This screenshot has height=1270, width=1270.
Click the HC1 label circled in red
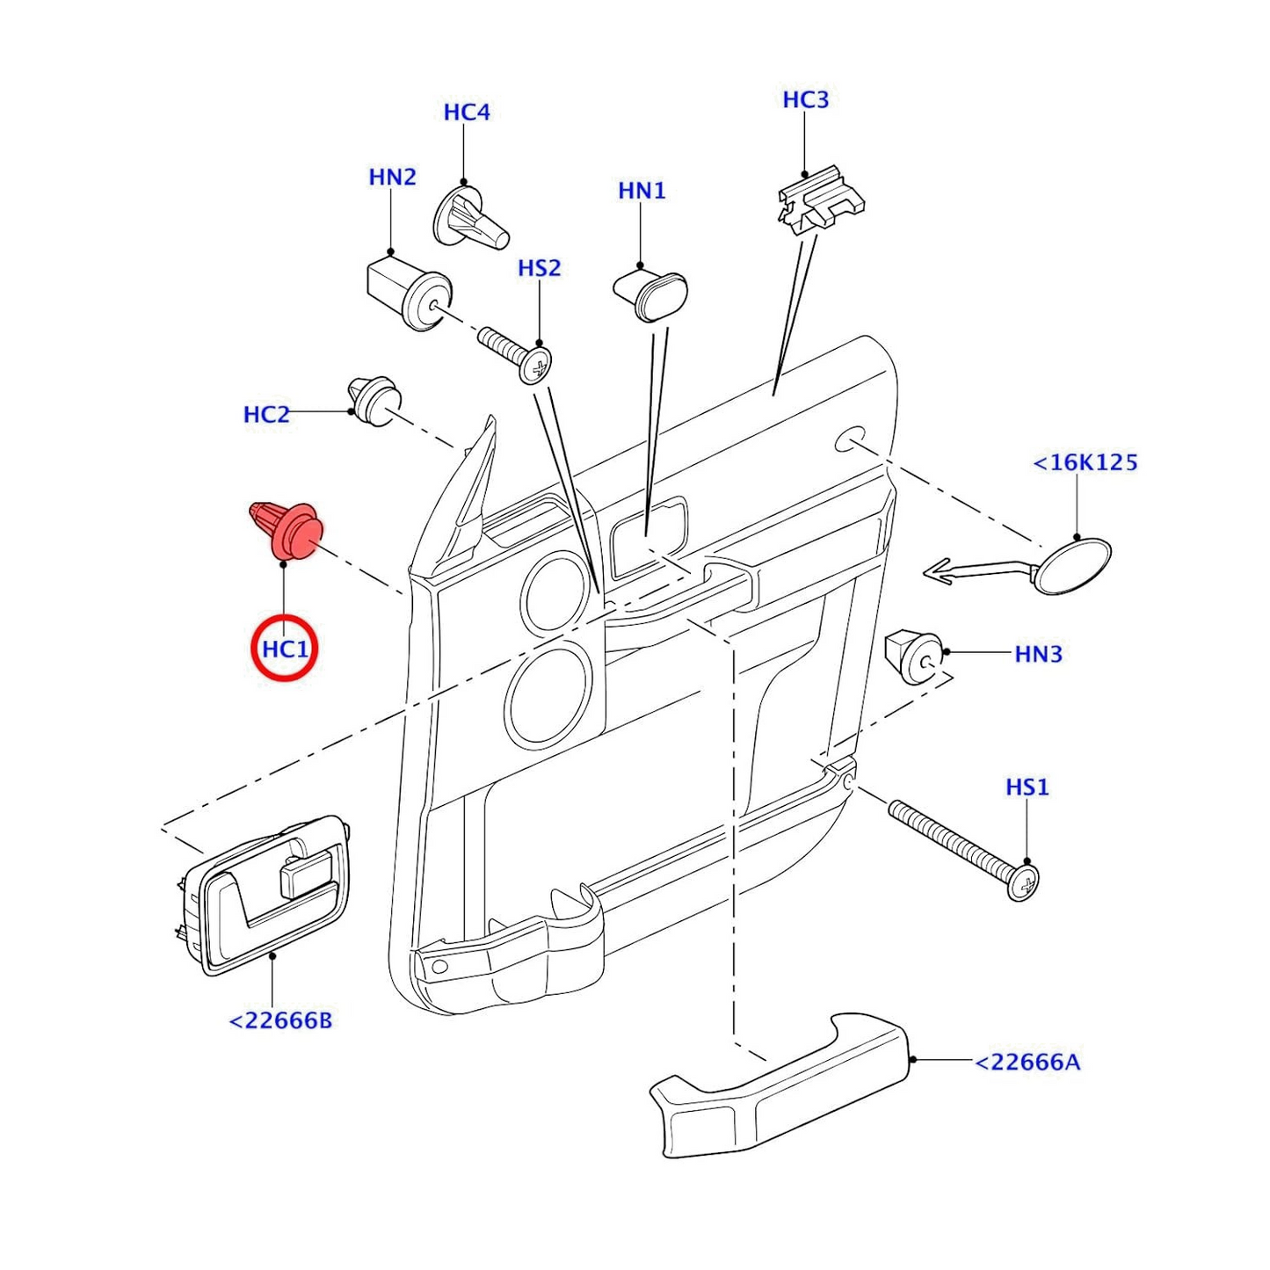point(285,650)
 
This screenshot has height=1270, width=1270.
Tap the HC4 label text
point(466,112)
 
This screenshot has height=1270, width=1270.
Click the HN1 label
point(642,191)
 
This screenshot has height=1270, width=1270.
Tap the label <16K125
point(1085,462)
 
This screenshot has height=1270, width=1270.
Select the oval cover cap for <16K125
point(1072,566)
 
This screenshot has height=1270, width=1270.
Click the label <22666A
point(1027,1062)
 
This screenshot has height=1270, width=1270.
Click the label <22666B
point(280,1020)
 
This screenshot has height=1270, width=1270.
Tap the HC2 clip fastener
point(374,402)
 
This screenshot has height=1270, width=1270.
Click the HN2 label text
point(392,178)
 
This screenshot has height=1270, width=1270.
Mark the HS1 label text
point(1027,787)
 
